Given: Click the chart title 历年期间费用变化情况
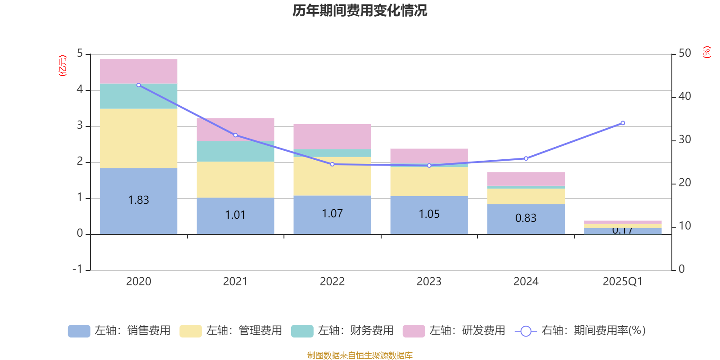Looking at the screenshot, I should [x=360, y=10].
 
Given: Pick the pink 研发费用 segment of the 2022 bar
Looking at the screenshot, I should [x=332, y=136].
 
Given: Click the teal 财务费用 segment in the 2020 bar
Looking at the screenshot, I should [x=139, y=96].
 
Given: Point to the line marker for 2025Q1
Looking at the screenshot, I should [x=623, y=123].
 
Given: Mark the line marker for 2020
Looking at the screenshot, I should [x=139, y=85].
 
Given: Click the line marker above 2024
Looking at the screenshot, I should [x=526, y=158].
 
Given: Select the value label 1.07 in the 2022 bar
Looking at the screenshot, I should [x=332, y=213].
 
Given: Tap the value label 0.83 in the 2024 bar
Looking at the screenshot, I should [x=526, y=218].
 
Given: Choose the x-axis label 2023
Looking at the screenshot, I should [x=429, y=282].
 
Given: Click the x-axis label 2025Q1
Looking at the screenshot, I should [x=622, y=282].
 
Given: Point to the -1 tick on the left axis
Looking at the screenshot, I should [x=78, y=269].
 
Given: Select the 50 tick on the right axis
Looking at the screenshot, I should [x=684, y=53].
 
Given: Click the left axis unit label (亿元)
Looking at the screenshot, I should [x=63, y=66].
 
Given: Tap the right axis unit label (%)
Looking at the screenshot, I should [x=706, y=52].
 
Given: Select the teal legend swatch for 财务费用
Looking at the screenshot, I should [x=302, y=331].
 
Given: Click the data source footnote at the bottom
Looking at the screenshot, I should [x=360, y=355].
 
